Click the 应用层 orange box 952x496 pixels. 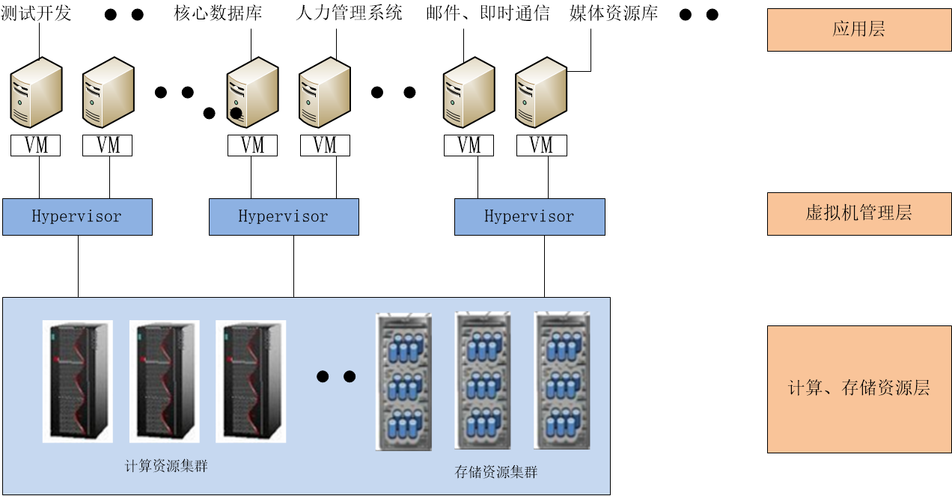[858, 30]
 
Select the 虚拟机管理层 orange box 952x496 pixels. [858, 214]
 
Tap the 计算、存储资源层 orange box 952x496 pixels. [858, 389]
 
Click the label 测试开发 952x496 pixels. [37, 13]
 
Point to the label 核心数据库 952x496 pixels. [218, 13]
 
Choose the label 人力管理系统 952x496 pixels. [349, 13]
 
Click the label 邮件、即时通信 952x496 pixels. [487, 13]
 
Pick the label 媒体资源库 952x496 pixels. [614, 13]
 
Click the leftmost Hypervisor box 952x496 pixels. [77, 217]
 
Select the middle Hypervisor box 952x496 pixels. [284, 217]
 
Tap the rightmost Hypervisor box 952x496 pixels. [529, 217]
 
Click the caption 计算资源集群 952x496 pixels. [166, 466]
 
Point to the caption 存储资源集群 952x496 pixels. [496, 472]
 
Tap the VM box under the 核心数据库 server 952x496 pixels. [252, 145]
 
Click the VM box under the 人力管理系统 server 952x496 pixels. [325, 145]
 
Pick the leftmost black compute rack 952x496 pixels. [78, 381]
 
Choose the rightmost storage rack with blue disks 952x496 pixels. [562, 381]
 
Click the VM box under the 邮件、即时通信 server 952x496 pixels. [469, 145]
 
